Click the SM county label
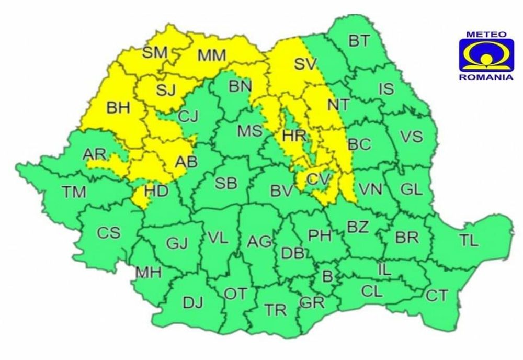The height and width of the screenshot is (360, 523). pos(154,52)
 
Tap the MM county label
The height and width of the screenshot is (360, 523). pos(212,54)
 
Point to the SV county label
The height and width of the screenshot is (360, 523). pos(306,64)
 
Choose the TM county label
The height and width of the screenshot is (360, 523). pos(74,192)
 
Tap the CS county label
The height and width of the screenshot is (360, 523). pos(109,232)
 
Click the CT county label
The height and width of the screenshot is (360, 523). pos(437,296)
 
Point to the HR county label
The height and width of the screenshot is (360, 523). pos(293,136)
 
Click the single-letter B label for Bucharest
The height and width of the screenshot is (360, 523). pos(328,275)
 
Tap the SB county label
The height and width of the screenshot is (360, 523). pos(226,183)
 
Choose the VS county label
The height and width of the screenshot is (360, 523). pos(411,137)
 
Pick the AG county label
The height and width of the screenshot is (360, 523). pos(259,242)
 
